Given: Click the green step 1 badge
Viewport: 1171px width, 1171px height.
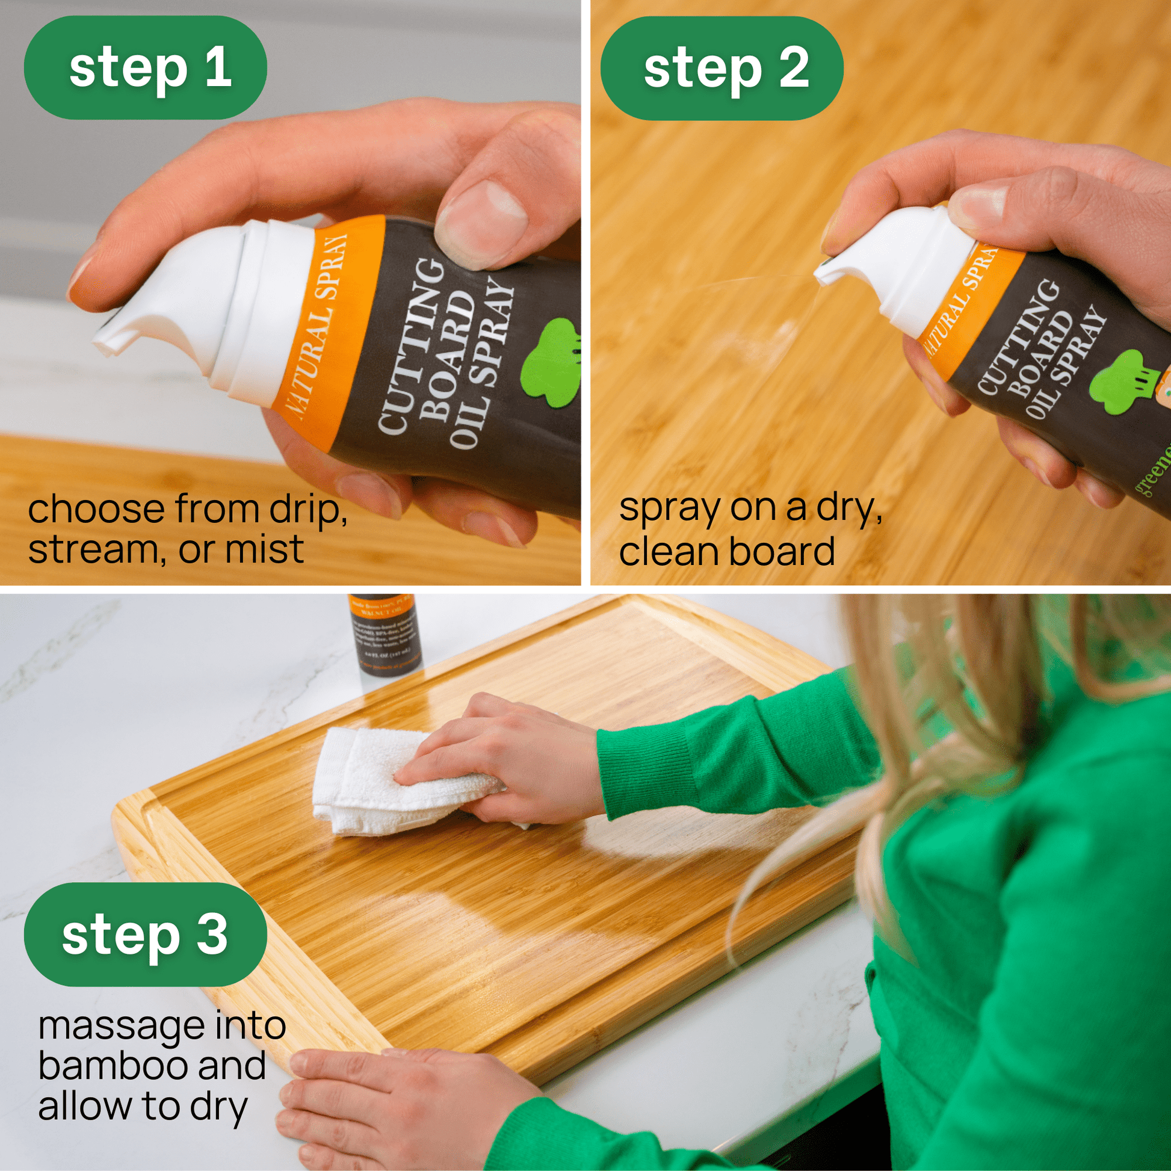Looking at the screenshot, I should click(x=146, y=67).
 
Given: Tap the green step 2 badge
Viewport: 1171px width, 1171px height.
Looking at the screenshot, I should click(x=721, y=67).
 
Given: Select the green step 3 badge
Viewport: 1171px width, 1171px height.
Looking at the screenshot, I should click(x=146, y=934).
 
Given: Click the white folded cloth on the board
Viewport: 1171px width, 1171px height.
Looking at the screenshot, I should click(x=375, y=782).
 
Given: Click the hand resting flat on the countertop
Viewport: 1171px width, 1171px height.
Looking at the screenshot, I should click(x=394, y=1103).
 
